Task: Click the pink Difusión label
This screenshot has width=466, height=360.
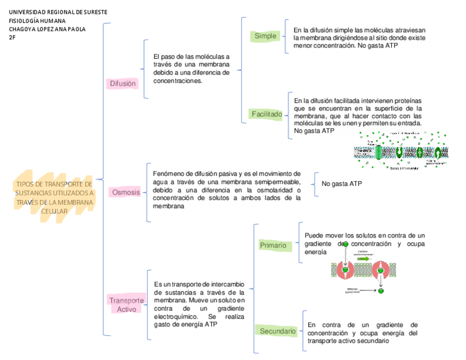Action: (122, 84)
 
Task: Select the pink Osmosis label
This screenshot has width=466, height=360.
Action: (126, 192)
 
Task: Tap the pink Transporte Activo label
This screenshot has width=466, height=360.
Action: (126, 305)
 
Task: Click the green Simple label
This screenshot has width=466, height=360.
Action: (265, 36)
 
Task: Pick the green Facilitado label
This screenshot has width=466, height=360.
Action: (267, 114)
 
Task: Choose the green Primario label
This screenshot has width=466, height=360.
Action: (273, 245)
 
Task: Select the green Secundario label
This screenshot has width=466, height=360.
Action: (278, 331)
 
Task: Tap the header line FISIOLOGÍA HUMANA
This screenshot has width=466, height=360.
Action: (37, 21)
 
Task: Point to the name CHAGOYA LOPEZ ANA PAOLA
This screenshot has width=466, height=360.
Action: (47, 29)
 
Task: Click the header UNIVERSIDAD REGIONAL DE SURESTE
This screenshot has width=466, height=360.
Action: (58, 12)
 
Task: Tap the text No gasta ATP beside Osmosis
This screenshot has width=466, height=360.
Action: (341, 183)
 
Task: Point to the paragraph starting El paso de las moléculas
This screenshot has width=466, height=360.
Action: (191, 68)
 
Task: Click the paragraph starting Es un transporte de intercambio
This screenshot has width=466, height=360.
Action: (199, 304)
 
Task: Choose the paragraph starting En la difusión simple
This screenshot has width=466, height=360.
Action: (359, 38)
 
